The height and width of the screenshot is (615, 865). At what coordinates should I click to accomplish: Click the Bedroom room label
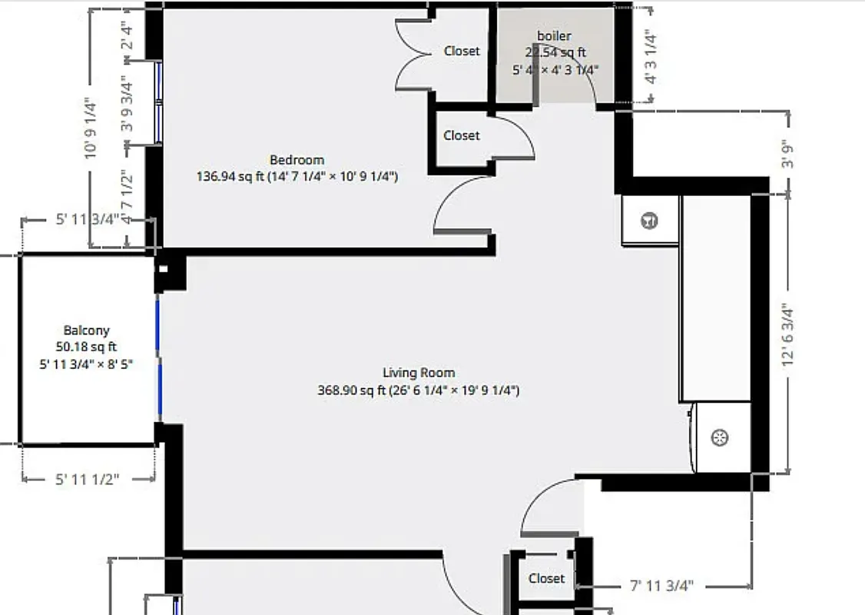297,160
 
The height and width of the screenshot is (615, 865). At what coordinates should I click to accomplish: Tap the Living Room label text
419,373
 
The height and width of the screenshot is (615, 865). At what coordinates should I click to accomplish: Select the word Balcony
86,330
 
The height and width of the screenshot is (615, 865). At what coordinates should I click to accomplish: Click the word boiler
554,36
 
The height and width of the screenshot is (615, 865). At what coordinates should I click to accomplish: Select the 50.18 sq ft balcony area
86,347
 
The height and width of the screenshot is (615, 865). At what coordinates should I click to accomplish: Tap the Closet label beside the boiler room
462,51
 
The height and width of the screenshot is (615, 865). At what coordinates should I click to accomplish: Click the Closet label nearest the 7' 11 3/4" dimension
546,578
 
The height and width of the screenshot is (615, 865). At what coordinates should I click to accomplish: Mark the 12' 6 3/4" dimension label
787,336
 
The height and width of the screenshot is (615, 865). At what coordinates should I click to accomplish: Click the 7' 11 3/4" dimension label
661,586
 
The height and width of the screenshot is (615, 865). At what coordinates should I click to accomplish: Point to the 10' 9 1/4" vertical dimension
91,128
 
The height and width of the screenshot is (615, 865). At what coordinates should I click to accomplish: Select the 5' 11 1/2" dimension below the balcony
88,480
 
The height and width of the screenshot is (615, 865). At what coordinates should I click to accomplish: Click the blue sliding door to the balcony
159,357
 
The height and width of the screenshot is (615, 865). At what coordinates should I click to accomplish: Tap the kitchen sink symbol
720,439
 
